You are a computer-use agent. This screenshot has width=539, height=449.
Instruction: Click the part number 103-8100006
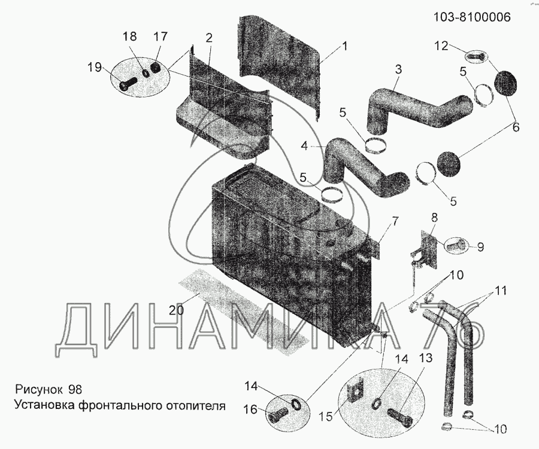[x=471, y=17]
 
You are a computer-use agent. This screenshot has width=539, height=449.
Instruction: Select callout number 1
[x=344, y=47]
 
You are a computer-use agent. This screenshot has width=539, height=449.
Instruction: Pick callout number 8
[x=434, y=218]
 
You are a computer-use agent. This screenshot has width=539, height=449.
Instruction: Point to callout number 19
[x=95, y=67]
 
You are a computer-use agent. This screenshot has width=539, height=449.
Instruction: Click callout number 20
[x=175, y=310]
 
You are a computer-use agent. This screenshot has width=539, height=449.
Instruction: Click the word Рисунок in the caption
[x=38, y=389]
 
